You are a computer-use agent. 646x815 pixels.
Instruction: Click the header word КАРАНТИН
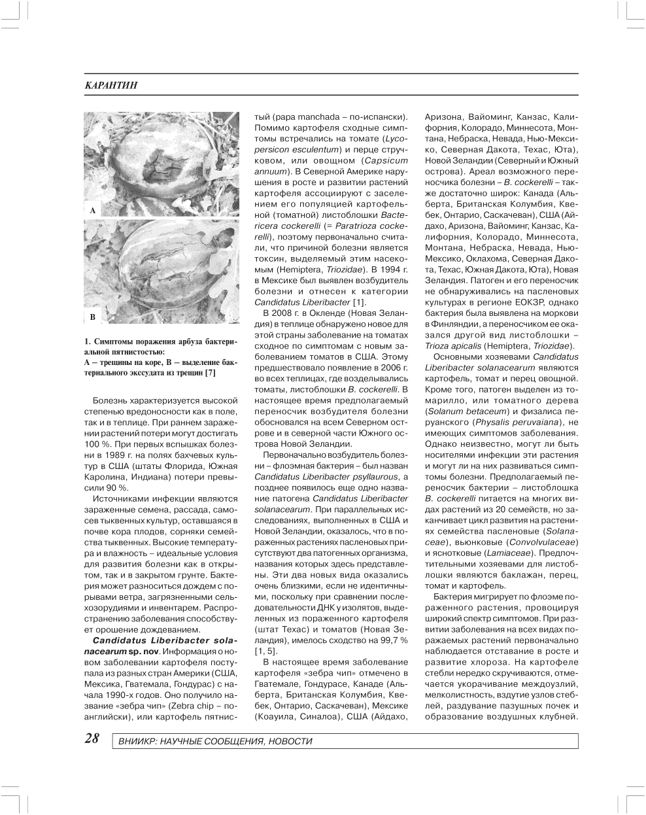tap(112, 86)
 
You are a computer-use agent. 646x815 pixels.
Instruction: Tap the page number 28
tap(92, 739)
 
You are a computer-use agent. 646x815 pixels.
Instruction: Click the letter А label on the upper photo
tap(92, 211)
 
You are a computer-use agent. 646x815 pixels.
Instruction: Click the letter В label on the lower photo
tap(92, 317)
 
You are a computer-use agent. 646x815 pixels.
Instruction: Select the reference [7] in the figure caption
tap(210, 373)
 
